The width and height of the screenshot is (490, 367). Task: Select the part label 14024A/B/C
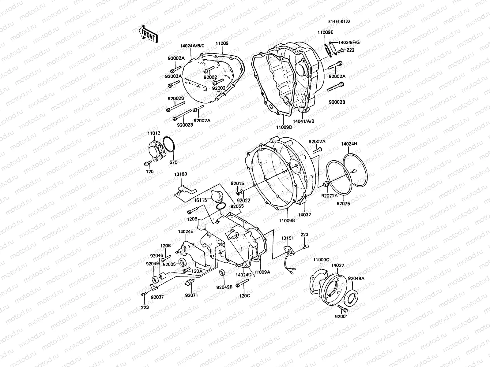pos(192,46)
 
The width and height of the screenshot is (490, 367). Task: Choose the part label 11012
pos(153,133)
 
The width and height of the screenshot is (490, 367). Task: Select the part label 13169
pos(181,174)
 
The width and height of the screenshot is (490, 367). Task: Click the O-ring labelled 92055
pos(221,206)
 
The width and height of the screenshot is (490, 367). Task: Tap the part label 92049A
pos(356,278)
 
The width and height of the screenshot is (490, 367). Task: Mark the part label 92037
pos(157,296)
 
